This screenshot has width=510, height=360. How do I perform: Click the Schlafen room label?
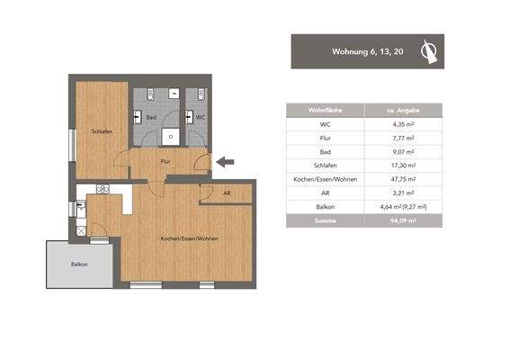point(101,131)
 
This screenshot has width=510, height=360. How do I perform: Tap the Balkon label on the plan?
point(79,264)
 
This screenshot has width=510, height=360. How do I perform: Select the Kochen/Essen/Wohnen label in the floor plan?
point(189,238)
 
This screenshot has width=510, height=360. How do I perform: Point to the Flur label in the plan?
point(166,161)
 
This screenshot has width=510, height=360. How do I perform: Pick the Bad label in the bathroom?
point(153,117)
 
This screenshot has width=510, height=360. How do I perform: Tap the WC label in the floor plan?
point(201,117)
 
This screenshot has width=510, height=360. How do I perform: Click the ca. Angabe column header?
point(403,111)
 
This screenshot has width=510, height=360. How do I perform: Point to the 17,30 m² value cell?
point(403,165)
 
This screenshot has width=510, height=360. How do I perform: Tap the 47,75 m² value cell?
point(403,178)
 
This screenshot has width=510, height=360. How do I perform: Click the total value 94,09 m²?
point(403,219)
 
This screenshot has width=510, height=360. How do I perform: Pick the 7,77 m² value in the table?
point(403,138)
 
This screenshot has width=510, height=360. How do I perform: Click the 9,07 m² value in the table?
point(403,151)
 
